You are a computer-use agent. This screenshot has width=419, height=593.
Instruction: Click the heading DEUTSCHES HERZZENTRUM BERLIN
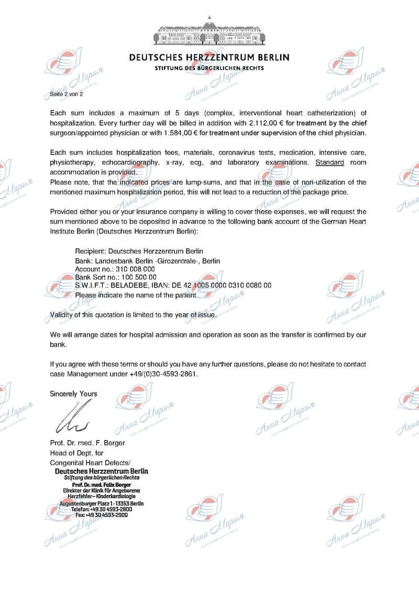click(x=209, y=57)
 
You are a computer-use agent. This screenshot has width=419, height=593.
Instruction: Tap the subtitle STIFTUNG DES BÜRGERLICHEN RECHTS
click(x=209, y=68)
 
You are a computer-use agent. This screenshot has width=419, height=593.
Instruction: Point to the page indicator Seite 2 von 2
click(x=66, y=94)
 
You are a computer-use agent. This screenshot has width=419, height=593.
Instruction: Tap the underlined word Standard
click(x=330, y=162)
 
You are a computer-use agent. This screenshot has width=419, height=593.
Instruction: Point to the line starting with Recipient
click(x=139, y=251)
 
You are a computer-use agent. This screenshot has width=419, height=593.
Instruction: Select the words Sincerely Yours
click(x=73, y=393)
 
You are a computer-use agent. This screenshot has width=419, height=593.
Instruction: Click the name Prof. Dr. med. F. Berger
click(x=87, y=443)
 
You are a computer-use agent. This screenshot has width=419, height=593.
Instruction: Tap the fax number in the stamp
click(x=99, y=514)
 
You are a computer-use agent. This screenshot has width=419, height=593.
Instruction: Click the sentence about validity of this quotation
click(x=133, y=315)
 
